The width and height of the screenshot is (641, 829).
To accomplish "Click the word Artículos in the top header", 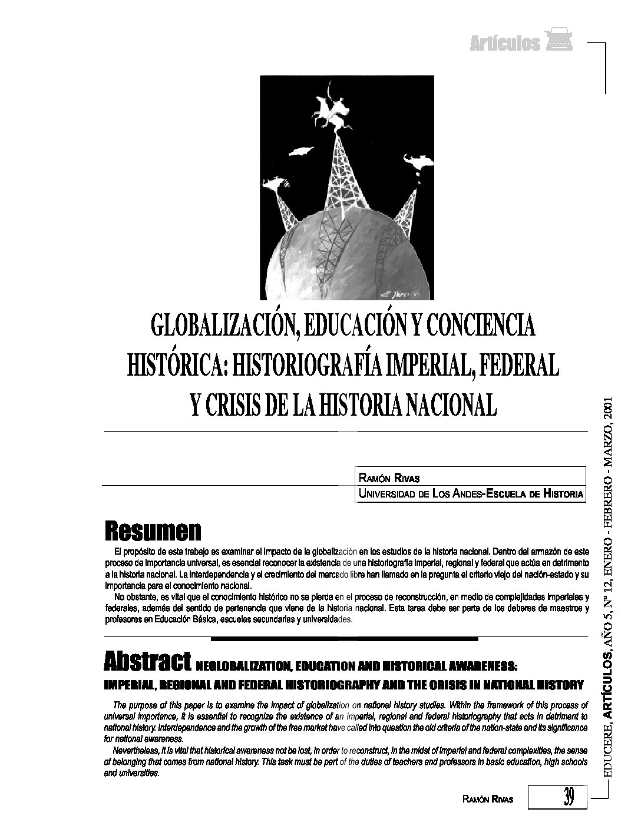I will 505,44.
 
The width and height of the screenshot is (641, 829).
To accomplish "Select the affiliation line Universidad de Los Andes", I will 471,494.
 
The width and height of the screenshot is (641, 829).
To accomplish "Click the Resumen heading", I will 153,531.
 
